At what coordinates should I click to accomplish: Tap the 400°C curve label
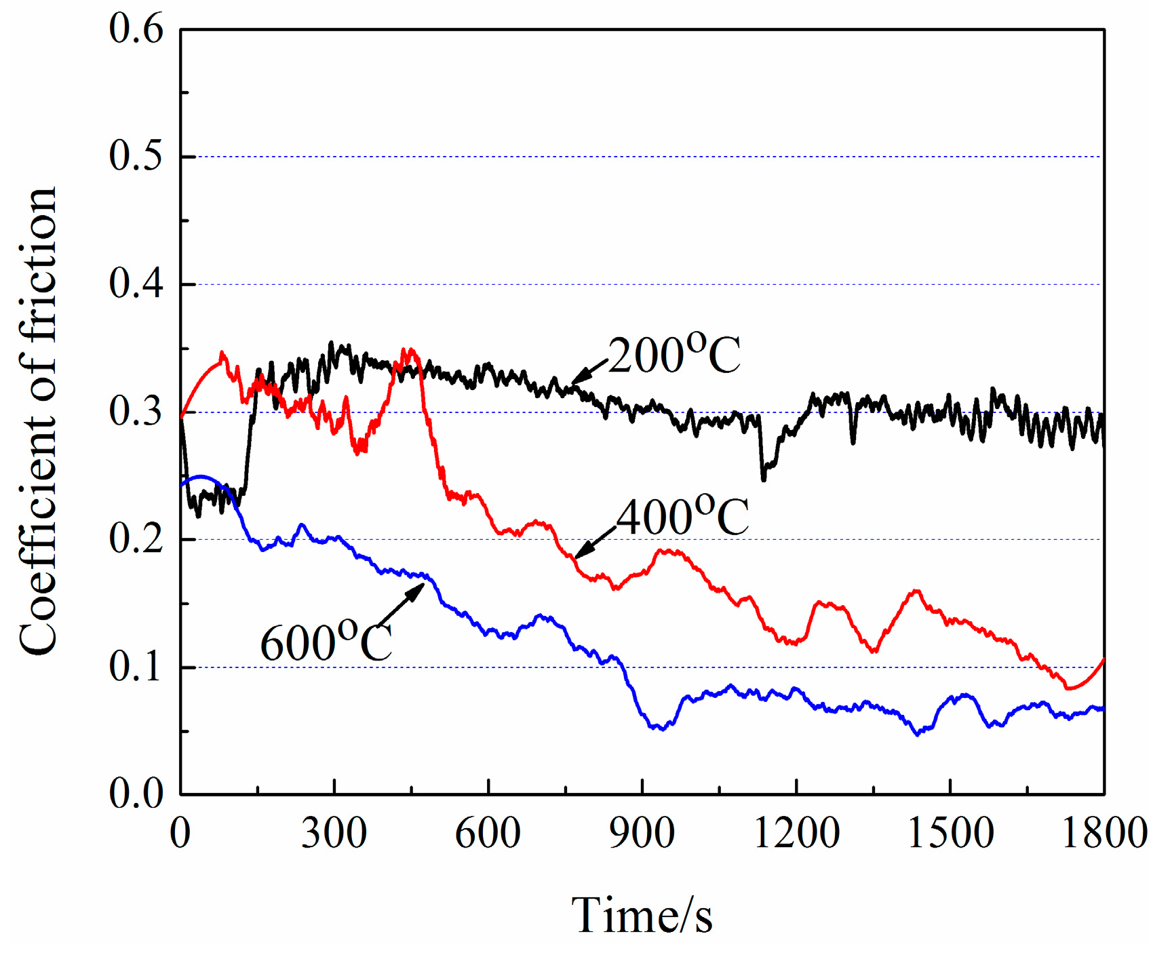click(x=682, y=517)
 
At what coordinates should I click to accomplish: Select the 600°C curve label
click(x=326, y=642)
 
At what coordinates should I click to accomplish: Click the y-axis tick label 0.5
click(x=136, y=156)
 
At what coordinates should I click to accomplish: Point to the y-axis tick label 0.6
click(x=136, y=30)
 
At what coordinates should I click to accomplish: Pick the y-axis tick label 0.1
click(x=136, y=667)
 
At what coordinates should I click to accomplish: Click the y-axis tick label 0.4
click(x=136, y=284)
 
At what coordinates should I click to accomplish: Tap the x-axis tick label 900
click(x=642, y=834)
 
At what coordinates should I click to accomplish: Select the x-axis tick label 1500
click(x=950, y=834)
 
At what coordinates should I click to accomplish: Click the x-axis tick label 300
click(x=334, y=834)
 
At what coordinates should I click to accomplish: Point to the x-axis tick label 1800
click(x=1104, y=834)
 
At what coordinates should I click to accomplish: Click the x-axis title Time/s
click(x=642, y=916)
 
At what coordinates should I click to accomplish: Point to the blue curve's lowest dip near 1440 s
click(x=918, y=734)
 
